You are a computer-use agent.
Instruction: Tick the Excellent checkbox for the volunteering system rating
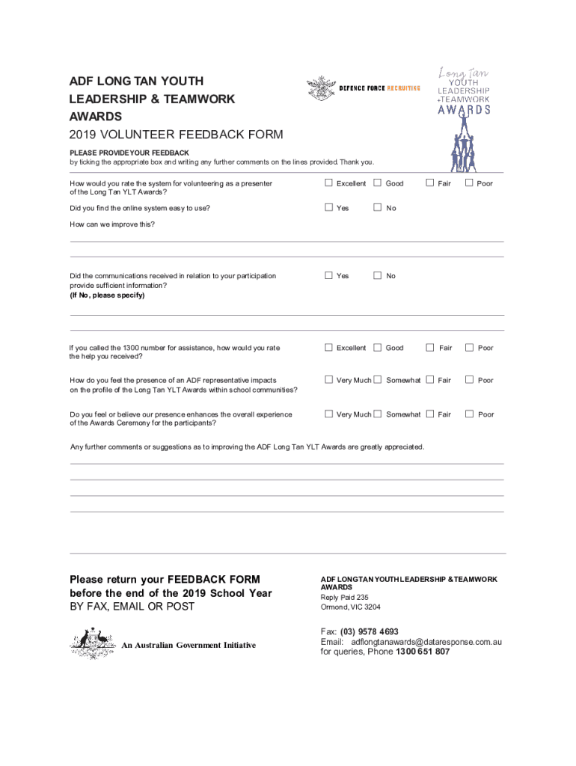coord(328,183)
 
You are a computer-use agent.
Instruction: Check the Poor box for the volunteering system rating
coord(469,183)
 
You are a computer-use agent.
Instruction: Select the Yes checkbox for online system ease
coord(328,207)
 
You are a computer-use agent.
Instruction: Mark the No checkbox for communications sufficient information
coord(378,275)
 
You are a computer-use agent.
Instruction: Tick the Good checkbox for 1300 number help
coord(378,347)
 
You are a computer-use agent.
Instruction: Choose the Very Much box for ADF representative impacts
coord(328,379)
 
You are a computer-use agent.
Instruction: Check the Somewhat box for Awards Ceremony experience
coord(378,414)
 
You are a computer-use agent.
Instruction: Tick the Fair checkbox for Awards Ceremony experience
coord(429,414)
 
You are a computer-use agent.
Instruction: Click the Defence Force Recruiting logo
coord(364,88)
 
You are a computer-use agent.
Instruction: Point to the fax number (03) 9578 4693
coord(369,631)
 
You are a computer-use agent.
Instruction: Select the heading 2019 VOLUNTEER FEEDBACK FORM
coord(176,135)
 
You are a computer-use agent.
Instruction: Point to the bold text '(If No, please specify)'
coord(107,295)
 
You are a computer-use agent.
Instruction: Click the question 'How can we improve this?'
coord(112,224)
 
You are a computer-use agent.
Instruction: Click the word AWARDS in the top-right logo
coord(464,110)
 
